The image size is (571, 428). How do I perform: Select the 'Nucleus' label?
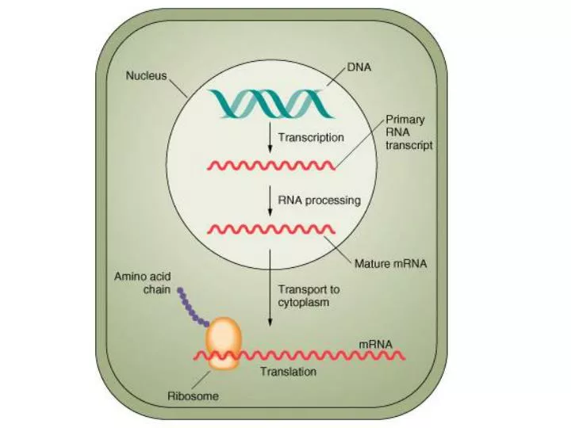point(145,77)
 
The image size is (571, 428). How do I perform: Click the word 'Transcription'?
point(311,137)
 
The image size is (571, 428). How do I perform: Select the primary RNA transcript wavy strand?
point(270,166)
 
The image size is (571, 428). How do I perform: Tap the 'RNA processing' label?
point(318,201)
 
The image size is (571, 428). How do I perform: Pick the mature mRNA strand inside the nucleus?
point(270,230)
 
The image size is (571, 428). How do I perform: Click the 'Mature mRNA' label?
point(390,264)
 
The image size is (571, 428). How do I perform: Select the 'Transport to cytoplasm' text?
point(308,296)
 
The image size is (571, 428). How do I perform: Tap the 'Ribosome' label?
point(193,396)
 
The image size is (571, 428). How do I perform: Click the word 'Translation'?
point(288,371)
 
